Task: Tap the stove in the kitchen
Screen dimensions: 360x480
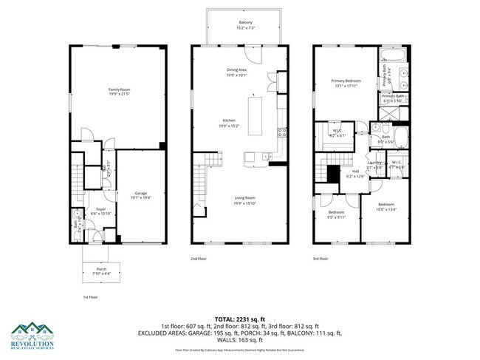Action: (281, 133)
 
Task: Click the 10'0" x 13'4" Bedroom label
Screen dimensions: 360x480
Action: (387, 206)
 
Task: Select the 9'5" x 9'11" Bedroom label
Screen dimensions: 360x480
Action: (336, 214)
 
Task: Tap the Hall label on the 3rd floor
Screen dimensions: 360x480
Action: (356, 174)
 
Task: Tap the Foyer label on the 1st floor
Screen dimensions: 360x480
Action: (100, 211)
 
